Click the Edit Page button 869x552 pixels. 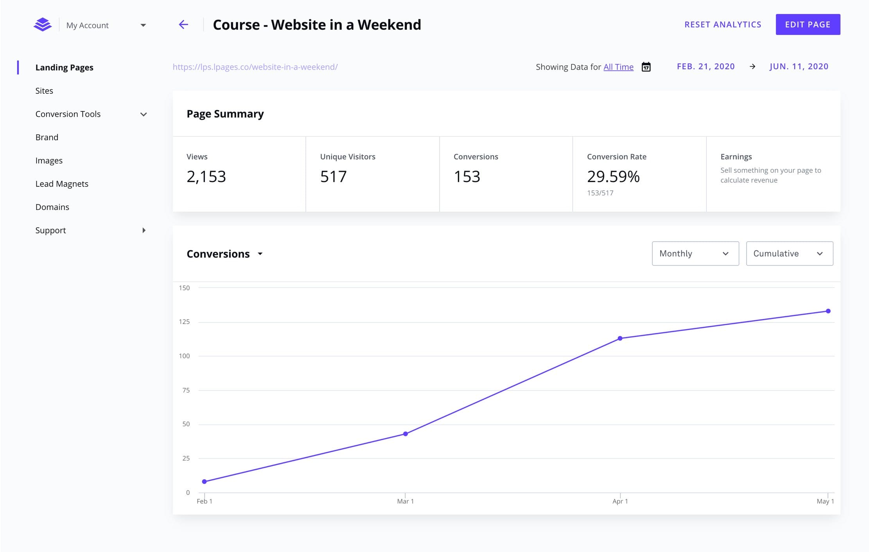(808, 25)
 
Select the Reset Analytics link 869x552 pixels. (723, 25)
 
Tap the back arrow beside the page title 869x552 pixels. (183, 25)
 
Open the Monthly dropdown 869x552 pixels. (695, 253)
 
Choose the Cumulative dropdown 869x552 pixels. (789, 253)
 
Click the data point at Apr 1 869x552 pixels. (620, 338)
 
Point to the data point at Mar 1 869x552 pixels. (406, 434)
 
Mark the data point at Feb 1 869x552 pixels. (205, 481)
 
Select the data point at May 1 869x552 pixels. (828, 311)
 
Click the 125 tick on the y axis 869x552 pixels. (184, 322)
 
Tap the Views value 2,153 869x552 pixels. (206, 177)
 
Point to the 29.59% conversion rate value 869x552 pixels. (613, 177)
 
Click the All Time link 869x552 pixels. (618, 67)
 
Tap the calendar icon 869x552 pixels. (646, 67)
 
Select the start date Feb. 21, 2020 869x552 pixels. (706, 66)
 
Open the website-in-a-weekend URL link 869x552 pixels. (255, 67)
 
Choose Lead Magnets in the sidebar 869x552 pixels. (62, 184)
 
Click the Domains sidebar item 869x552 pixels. (52, 207)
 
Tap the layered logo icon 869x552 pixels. (43, 25)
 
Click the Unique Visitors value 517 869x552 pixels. (333, 177)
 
